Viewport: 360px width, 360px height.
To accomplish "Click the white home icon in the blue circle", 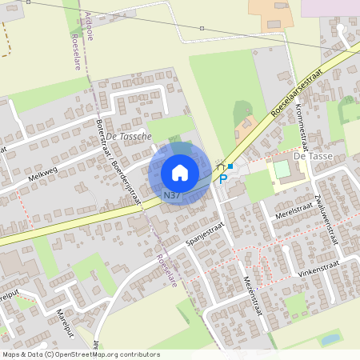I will (180, 172).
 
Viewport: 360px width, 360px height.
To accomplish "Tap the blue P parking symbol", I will (223, 179).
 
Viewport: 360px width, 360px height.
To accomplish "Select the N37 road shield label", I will (171, 195).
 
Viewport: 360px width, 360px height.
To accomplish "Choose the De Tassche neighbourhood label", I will (128, 136).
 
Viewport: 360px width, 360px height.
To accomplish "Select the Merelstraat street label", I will (293, 210).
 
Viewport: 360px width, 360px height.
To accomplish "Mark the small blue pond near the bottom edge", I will (330, 339).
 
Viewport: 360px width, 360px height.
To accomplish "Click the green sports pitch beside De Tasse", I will (282, 170).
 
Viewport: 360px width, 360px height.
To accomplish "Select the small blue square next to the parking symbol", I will (230, 166).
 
